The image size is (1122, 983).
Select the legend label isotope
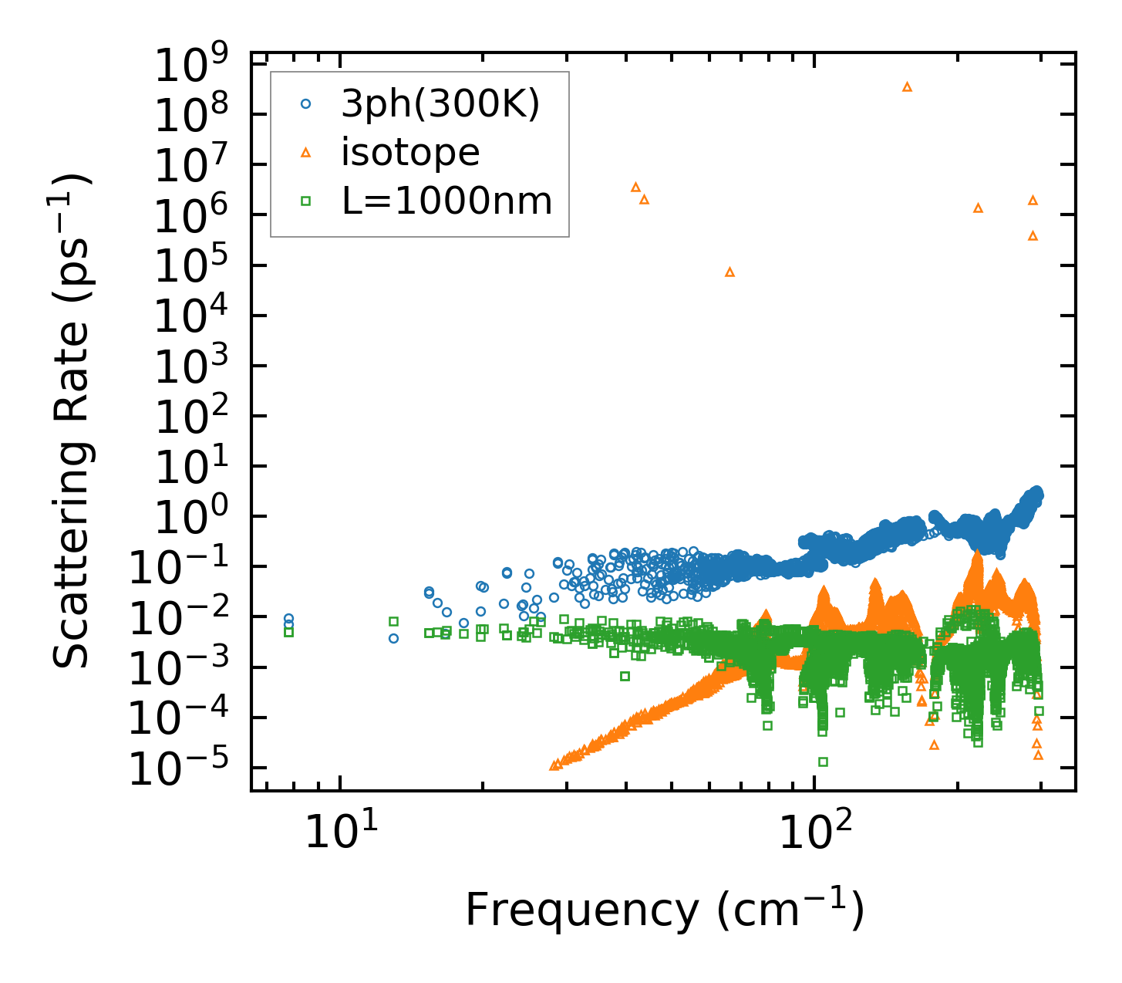[x=410, y=153]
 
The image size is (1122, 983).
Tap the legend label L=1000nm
[x=446, y=201]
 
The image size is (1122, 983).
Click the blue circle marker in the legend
[x=306, y=103]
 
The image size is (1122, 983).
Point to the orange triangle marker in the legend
[x=306, y=153]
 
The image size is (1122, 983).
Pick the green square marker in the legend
[x=306, y=201]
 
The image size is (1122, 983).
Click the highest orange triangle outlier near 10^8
[x=907, y=86]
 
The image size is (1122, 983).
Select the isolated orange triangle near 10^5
[x=729, y=272]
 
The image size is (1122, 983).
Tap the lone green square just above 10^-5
[x=823, y=762]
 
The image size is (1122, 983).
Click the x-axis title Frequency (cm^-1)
[x=663, y=910]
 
